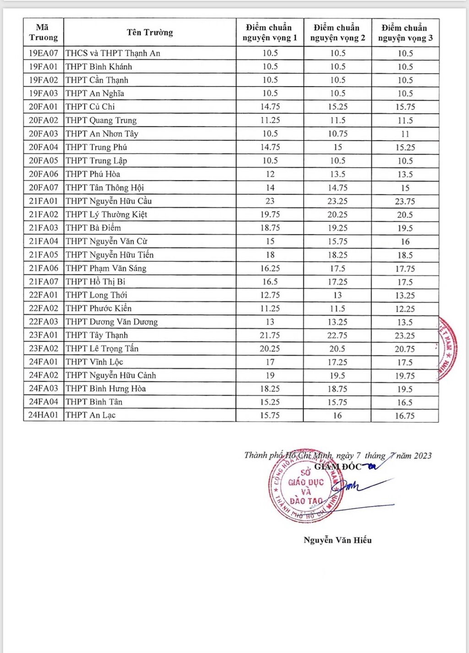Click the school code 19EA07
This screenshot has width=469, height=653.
(x=44, y=53)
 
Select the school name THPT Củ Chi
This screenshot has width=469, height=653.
(x=90, y=107)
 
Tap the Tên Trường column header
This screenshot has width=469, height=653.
(x=150, y=32)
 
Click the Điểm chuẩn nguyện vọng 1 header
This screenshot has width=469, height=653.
(x=270, y=33)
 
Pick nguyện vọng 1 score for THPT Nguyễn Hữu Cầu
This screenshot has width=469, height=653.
(x=270, y=201)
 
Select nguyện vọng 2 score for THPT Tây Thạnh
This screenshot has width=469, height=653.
(x=338, y=335)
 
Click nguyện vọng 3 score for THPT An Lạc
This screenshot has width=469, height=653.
(x=405, y=416)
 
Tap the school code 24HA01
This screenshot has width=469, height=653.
(x=44, y=415)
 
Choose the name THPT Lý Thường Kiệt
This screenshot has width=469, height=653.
(x=106, y=214)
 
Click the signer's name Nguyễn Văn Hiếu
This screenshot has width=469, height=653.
(x=338, y=540)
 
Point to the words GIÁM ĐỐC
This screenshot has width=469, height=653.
(x=338, y=467)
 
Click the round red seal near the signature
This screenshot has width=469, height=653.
(x=305, y=486)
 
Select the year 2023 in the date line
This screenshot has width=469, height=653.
(x=423, y=456)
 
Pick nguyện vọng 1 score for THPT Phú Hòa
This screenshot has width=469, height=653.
(x=270, y=174)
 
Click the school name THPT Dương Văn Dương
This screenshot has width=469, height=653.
(x=112, y=322)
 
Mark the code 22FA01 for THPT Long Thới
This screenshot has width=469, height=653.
(x=44, y=295)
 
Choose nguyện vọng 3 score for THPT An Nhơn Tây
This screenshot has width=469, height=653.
(x=405, y=134)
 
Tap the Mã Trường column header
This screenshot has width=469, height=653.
(x=44, y=32)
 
